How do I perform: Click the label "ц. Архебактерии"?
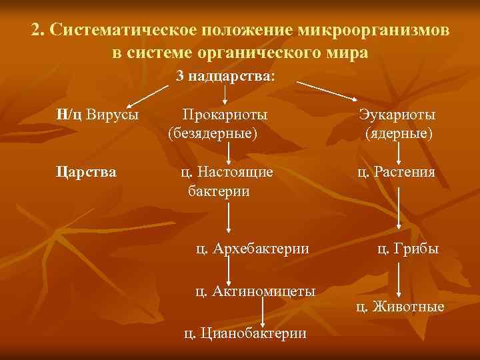tap(252, 249)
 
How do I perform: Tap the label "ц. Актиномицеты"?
tap(254, 291)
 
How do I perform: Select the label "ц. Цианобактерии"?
tap(245, 333)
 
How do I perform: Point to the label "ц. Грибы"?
tap(407, 249)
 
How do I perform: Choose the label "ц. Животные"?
tap(400, 307)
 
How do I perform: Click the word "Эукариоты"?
tap(398, 115)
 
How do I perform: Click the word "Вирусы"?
tap(113, 115)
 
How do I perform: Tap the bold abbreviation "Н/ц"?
tap(69, 115)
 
